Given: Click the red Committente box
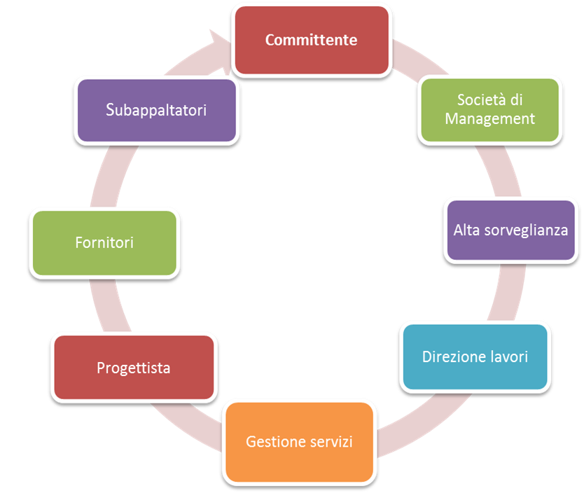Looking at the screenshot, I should pos(311,40).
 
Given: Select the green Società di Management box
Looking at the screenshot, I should pos(489,109).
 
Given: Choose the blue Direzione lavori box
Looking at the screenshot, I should pos(475,356).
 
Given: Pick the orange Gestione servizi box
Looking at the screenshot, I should pos(299,442).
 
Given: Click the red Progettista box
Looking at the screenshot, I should pos(133,368).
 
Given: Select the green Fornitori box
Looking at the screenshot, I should pos(104,242).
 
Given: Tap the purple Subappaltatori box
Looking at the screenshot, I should pos(156,110).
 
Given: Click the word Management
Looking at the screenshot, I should pos(489,118).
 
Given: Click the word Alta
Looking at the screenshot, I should pos(466,230).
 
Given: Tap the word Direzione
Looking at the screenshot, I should pos(452,356).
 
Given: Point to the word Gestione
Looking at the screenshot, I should pos(276,442).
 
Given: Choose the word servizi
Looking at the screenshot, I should pos(331,442).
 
